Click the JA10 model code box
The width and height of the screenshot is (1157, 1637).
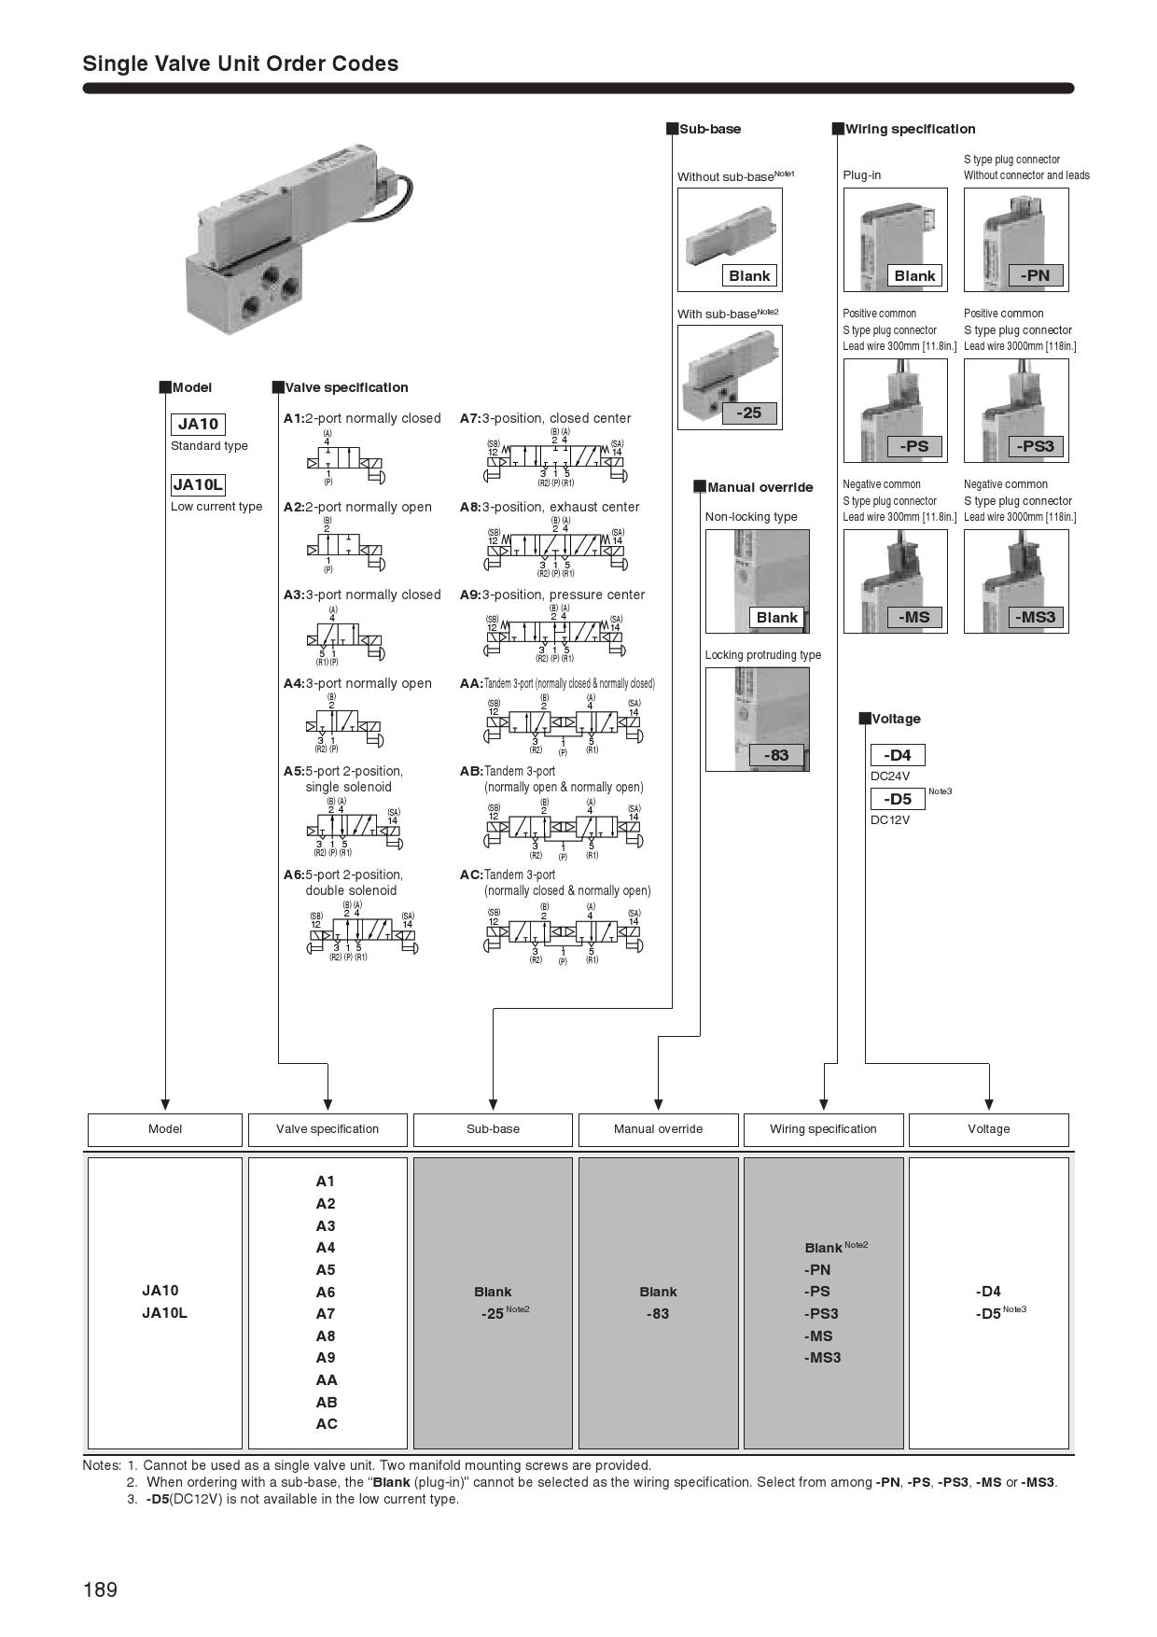point(198,424)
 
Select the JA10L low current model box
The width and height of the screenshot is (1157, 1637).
point(198,484)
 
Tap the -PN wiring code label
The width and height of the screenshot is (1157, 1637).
point(1035,275)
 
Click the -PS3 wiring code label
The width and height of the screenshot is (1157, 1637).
point(1035,446)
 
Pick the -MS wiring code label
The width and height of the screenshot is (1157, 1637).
point(914,617)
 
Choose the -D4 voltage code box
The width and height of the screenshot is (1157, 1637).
point(898,755)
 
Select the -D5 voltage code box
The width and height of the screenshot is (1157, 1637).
point(898,799)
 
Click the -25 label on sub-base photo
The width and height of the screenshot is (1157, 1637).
point(749,413)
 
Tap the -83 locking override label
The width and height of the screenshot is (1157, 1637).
point(776,755)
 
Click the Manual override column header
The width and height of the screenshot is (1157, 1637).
point(658,1129)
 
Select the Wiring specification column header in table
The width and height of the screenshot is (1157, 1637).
point(823,1129)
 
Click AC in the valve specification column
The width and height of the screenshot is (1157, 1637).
point(327,1424)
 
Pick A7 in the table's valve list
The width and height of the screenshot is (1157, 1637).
point(326,1314)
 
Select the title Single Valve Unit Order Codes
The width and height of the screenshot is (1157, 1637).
point(241,63)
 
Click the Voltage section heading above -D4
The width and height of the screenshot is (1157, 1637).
point(896,719)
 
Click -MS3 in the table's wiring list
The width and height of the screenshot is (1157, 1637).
point(822,1358)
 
